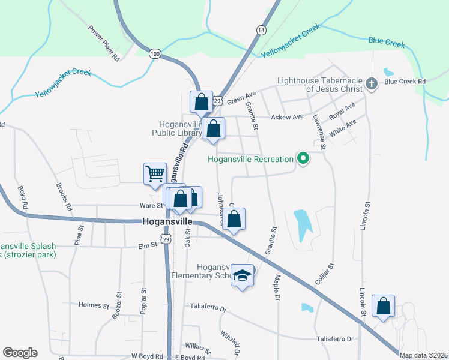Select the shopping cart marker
[155, 174]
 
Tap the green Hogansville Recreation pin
[303, 159]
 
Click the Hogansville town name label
[167, 221]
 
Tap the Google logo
[20, 353]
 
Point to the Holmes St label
[92, 305]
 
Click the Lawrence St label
[318, 131]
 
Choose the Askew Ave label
[288, 116]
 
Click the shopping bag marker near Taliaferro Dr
[383, 306]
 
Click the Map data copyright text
[423, 355]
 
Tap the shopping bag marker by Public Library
[213, 128]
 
